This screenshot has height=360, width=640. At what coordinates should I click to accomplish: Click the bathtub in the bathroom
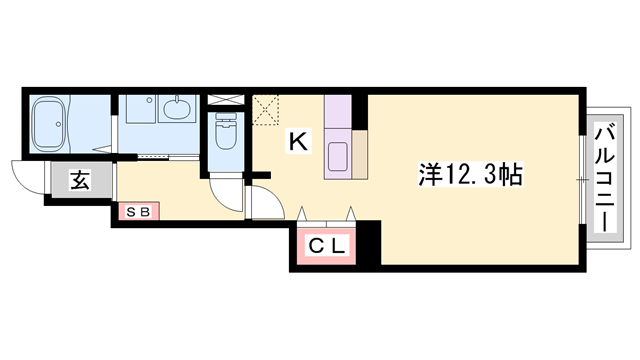(48, 123)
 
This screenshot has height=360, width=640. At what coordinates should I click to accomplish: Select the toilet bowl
(226, 131)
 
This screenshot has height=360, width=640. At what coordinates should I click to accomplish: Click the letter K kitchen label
(298, 141)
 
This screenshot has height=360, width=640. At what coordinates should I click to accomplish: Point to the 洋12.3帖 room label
(470, 175)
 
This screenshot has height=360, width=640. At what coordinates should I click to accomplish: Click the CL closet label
(327, 246)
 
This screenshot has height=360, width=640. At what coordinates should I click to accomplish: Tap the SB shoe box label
(138, 212)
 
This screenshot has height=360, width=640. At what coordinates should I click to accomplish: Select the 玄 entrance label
(80, 180)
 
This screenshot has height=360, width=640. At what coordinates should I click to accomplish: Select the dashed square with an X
(266, 110)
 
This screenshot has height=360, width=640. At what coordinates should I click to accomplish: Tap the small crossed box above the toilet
(226, 100)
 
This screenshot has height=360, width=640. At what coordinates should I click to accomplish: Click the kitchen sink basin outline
(338, 156)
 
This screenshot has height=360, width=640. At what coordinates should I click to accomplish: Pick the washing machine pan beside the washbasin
(140, 109)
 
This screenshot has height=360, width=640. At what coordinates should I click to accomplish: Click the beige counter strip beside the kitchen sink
(360, 154)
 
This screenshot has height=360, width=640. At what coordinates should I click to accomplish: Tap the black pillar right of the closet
(369, 242)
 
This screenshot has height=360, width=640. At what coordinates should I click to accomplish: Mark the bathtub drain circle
(60, 124)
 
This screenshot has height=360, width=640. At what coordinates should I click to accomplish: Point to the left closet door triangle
(302, 214)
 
